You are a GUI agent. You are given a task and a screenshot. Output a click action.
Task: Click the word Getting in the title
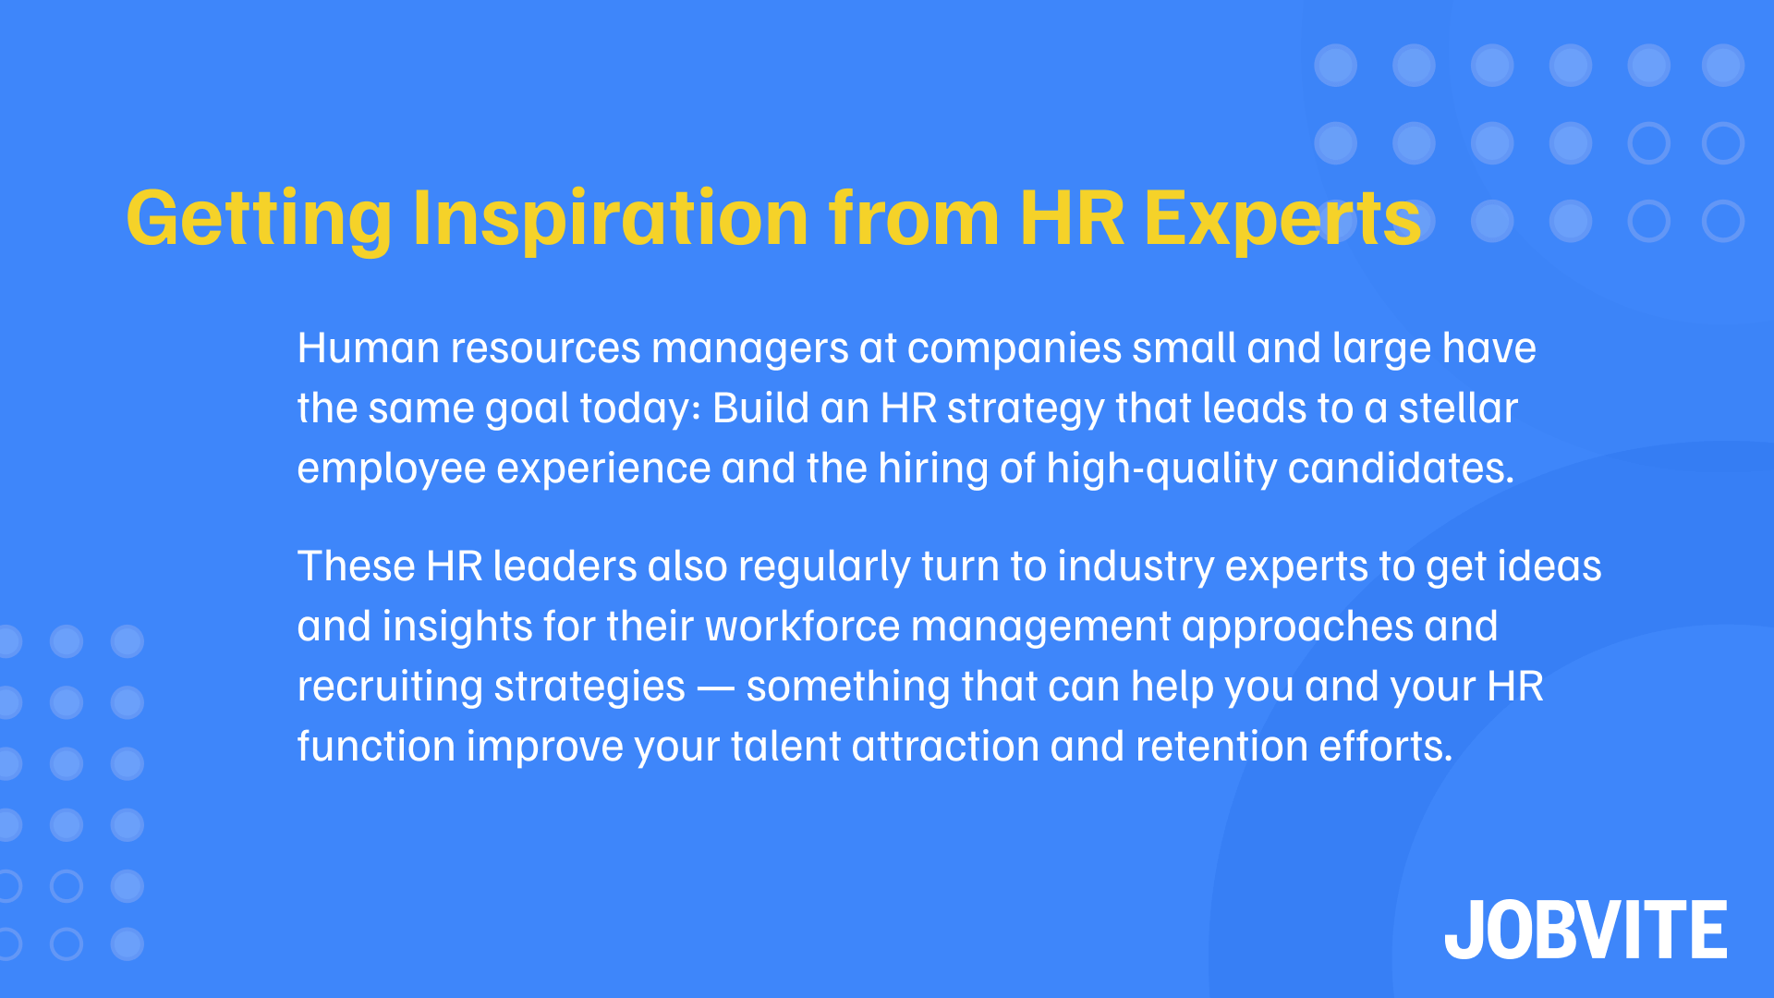[260, 219]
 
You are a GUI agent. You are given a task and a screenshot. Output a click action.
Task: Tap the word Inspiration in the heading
[611, 219]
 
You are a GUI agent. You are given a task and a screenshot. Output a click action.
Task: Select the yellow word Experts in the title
[1282, 219]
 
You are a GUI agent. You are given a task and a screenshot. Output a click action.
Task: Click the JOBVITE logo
[1586, 930]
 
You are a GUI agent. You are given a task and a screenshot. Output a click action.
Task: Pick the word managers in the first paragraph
[749, 349]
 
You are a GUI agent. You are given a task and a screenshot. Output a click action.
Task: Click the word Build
[760, 408]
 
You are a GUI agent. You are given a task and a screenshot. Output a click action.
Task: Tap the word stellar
[1458, 408]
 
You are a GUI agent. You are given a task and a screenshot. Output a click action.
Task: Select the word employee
[391, 469]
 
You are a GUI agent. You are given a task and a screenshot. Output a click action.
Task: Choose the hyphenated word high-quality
[1161, 469]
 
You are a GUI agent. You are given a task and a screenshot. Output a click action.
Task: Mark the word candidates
[1401, 469]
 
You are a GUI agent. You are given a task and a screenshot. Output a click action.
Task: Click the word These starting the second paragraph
[356, 566]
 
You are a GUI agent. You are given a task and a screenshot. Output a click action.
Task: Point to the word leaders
[565, 566]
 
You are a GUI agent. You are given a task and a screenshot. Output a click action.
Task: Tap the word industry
[1136, 566]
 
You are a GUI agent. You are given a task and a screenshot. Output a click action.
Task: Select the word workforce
[802, 627]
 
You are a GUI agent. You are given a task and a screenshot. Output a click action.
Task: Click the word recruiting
[390, 687]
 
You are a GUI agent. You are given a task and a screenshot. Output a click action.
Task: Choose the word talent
[785, 747]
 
